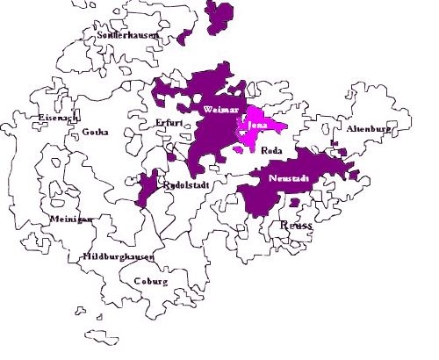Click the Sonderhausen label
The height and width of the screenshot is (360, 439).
click(120, 34)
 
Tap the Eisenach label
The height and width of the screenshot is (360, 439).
click(58, 117)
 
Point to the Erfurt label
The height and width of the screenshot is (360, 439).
click(168, 123)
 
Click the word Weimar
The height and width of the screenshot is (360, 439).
click(216, 109)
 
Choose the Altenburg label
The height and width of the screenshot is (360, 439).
click(368, 128)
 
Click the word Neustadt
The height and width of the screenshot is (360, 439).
click(287, 179)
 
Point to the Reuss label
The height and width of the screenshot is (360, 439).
click(296, 226)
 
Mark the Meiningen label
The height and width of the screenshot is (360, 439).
click(71, 220)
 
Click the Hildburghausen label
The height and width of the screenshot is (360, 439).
click(119, 257)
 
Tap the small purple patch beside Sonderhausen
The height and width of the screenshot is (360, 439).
click(184, 38)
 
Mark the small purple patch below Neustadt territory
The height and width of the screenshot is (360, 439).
click(295, 203)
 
